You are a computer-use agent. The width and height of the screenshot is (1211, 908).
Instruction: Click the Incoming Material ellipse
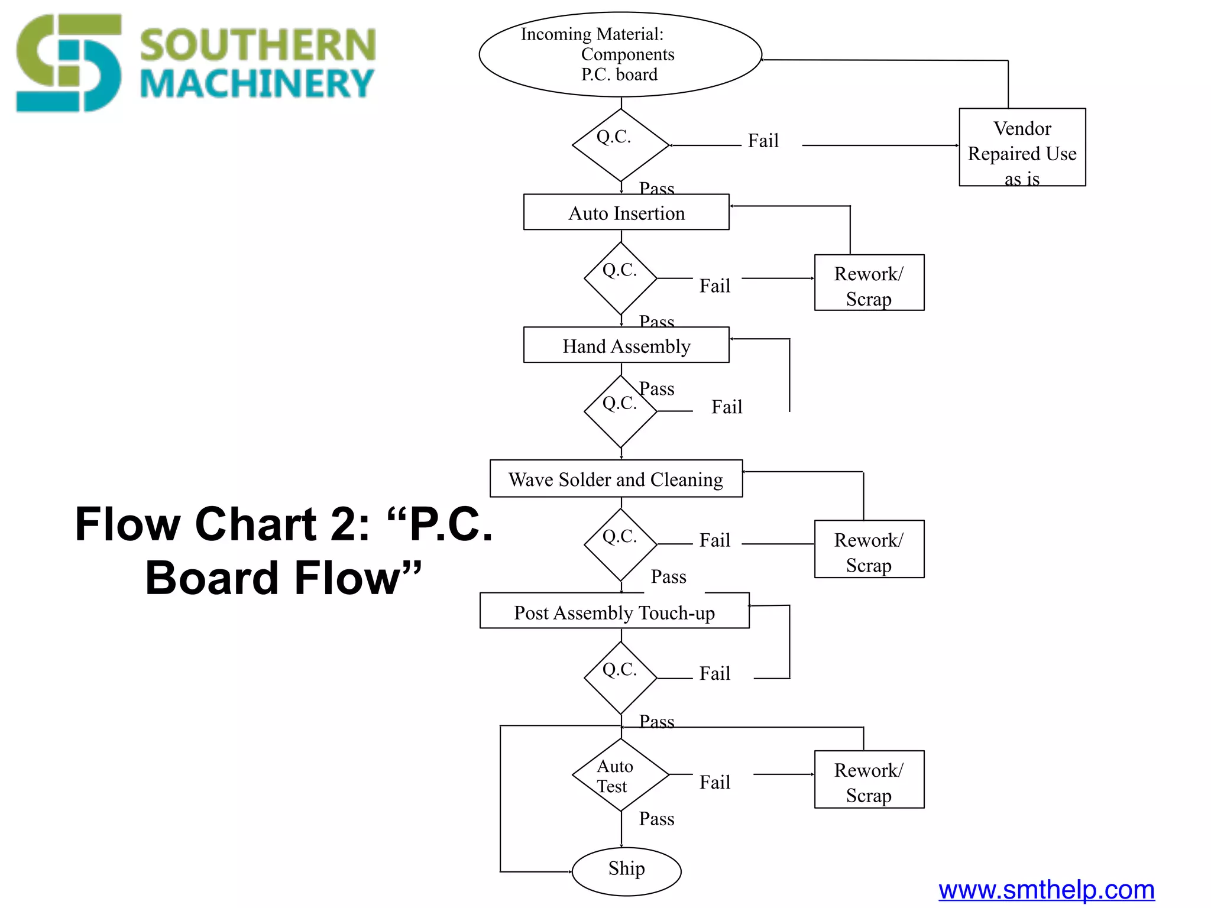[x=620, y=54]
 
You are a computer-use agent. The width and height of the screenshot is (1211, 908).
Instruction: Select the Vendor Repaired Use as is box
[x=1022, y=147]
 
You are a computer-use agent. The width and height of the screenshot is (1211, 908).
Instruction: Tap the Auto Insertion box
[x=626, y=212]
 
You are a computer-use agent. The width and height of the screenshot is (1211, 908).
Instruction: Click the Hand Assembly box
[x=626, y=345]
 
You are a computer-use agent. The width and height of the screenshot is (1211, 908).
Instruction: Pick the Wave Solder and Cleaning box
[x=616, y=479]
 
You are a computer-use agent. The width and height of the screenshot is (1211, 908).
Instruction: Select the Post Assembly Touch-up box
[x=614, y=611]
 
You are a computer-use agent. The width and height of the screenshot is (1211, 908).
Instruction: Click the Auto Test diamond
[x=620, y=775]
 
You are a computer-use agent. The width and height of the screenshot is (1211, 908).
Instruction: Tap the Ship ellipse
[x=626, y=871]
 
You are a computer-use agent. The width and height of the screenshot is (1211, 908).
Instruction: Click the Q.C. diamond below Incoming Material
[x=620, y=145]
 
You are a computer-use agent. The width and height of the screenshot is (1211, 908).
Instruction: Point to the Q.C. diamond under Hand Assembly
[x=620, y=411]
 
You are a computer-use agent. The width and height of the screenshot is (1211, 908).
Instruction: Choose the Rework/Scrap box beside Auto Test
[x=869, y=780]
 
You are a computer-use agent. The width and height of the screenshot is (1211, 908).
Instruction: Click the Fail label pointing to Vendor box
[x=763, y=141]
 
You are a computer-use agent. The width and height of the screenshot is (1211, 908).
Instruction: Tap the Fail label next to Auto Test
[x=715, y=783]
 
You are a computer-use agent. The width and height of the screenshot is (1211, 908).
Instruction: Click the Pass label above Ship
[x=656, y=819]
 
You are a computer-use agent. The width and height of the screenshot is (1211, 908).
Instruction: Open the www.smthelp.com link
[x=1046, y=890]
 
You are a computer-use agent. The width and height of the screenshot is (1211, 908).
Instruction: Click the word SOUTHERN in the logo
[x=257, y=46]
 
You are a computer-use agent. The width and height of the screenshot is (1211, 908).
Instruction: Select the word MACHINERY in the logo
[x=257, y=84]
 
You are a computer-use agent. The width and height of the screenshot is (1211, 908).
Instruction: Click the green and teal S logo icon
[x=68, y=63]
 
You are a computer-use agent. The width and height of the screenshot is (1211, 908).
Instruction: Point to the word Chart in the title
[x=255, y=524]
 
